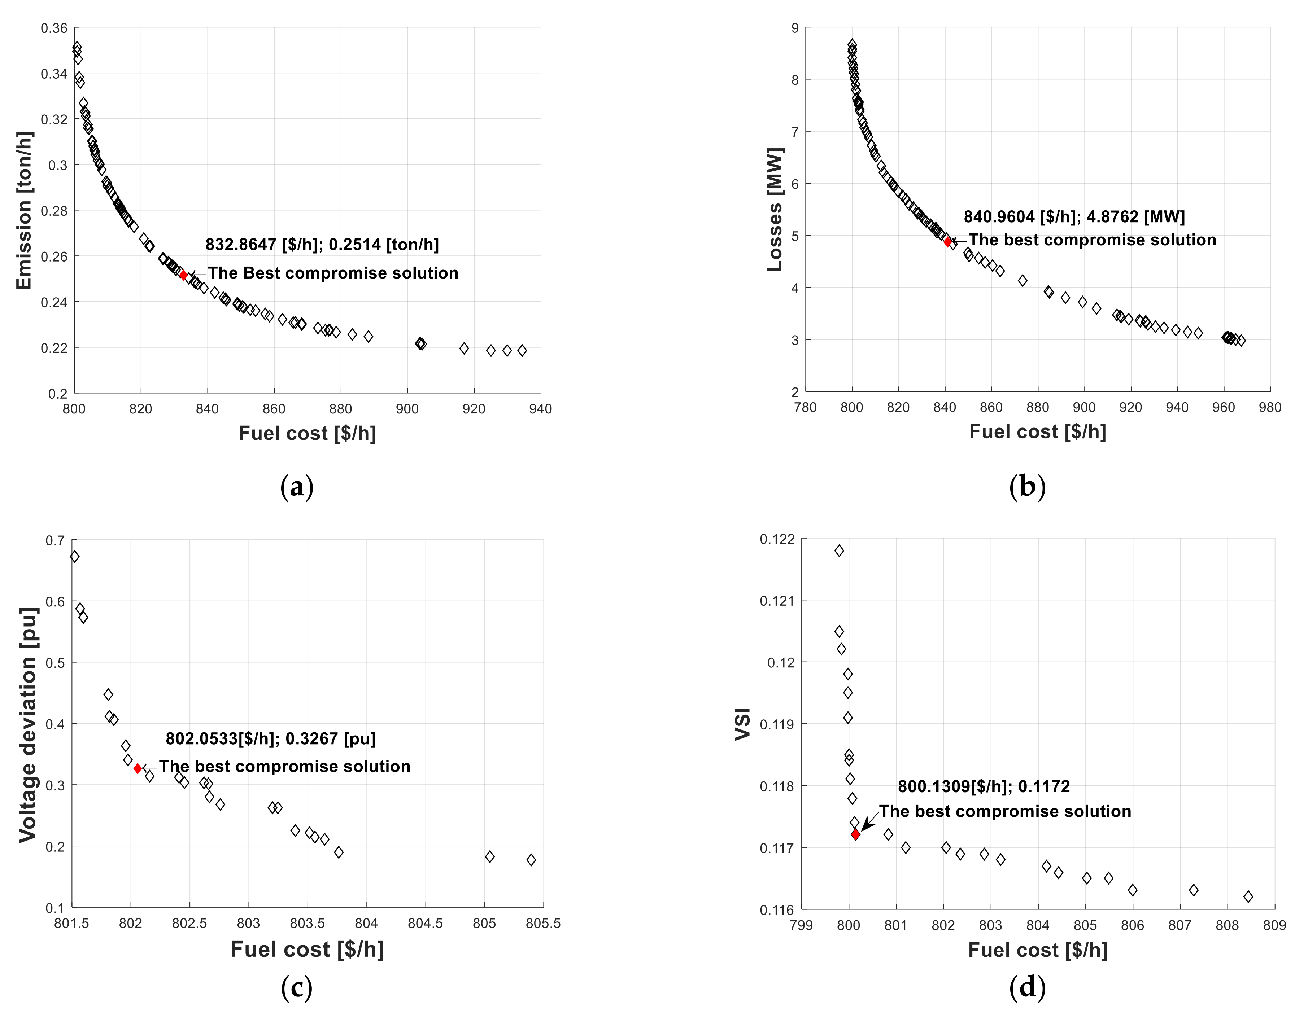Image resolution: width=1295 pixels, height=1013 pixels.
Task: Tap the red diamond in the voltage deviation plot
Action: [138, 769]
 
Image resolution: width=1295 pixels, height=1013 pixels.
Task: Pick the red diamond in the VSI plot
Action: [855, 834]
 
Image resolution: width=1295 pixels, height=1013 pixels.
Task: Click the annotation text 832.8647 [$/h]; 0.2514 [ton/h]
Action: [322, 244]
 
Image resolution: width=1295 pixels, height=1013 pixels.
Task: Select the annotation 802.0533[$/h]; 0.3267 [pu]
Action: [270, 738]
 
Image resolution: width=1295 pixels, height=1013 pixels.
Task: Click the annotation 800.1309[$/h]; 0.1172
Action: [984, 786]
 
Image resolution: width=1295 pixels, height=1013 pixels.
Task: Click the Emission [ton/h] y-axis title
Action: [24, 211]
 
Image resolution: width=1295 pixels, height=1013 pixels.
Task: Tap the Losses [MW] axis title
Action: [775, 209]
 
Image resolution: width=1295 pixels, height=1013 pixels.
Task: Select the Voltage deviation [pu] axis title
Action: [27, 725]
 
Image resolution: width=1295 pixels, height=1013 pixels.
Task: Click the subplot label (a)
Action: [297, 487]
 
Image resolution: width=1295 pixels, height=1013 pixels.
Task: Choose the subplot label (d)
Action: [1027, 987]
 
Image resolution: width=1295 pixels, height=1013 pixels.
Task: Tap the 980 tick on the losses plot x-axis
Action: [1269, 407]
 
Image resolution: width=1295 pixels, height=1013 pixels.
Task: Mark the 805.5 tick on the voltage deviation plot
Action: [543, 924]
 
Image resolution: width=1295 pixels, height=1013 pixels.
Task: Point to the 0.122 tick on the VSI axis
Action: [777, 539]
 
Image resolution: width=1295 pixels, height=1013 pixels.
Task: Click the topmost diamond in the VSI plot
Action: [839, 551]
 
